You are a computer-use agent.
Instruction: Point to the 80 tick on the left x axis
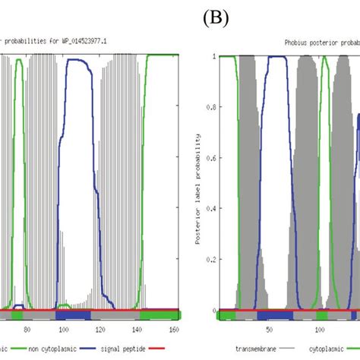pyautogui.click(x=27, y=329)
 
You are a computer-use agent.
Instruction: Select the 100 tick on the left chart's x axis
pyautogui.click(x=64, y=329)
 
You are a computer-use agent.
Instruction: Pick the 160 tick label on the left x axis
pyautogui.click(x=173, y=329)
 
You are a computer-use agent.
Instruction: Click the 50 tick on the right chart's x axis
pyautogui.click(x=268, y=330)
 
